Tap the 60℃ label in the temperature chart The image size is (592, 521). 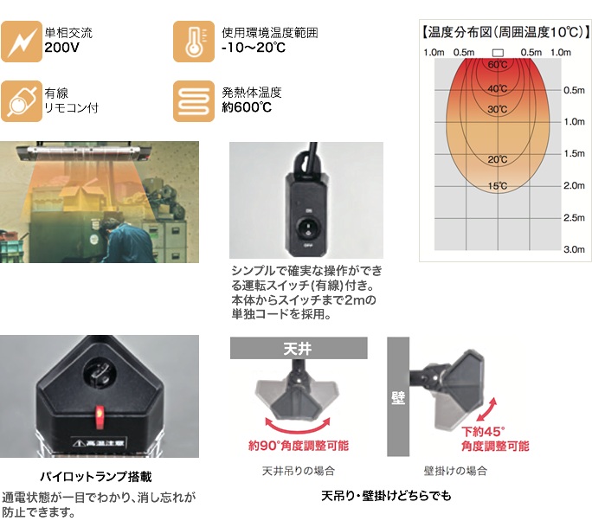(497, 66)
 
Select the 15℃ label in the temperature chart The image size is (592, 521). (497, 186)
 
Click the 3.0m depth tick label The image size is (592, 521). (574, 249)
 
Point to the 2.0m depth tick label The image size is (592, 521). (574, 186)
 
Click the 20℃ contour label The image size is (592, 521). (497, 159)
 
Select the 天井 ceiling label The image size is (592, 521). (297, 349)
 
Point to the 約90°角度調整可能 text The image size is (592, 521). (297, 447)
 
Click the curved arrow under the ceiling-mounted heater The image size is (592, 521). (297, 423)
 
